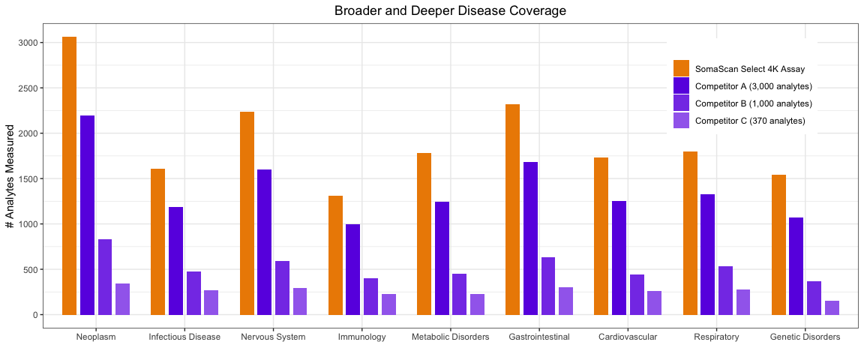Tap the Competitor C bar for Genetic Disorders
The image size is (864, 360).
tap(832, 307)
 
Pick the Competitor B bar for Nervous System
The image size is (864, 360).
tap(282, 287)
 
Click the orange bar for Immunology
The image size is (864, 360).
tap(335, 255)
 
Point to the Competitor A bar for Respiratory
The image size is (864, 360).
tap(707, 254)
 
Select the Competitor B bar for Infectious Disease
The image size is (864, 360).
tap(193, 292)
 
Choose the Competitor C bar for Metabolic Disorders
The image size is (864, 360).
tap(477, 304)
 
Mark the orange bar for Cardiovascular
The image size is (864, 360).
tap(601, 235)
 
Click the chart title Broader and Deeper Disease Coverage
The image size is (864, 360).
tap(450, 11)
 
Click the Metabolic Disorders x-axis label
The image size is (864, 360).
tap(450, 337)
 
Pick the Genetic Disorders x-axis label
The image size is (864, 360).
tap(805, 337)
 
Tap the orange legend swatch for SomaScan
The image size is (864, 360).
tap(681, 68)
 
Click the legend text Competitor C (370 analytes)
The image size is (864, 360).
tap(750, 121)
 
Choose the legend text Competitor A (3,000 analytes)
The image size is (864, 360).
tap(754, 86)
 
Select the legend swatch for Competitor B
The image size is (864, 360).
tap(681, 103)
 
